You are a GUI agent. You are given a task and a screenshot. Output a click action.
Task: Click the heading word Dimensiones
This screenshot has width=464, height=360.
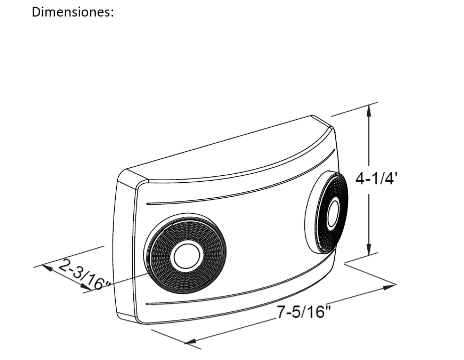point(71,12)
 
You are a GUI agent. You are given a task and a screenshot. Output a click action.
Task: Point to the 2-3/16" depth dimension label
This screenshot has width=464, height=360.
point(84,275)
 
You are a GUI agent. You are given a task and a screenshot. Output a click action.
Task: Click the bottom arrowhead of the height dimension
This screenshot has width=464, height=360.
point(369,249)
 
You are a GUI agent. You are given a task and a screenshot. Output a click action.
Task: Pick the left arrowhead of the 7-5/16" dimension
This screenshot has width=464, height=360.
point(191,341)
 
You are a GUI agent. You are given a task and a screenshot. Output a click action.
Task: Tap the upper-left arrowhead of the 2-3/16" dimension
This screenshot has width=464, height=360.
point(47,268)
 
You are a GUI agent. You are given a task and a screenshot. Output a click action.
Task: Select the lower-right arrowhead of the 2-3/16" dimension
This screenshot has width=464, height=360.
point(86,286)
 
